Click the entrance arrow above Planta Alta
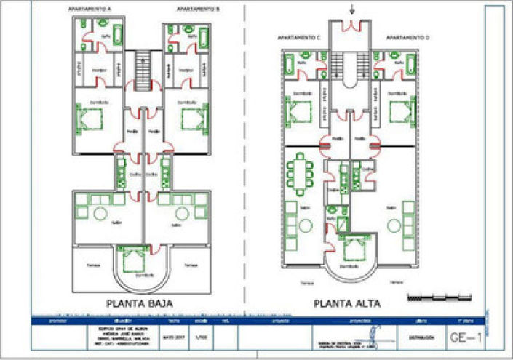click(x=354, y=9)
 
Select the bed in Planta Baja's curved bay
click(x=132, y=259)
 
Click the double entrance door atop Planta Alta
click(x=354, y=27)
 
